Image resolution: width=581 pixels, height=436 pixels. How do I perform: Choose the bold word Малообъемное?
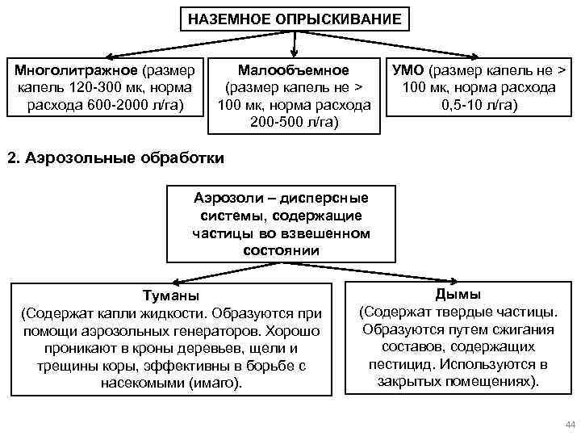[294, 71]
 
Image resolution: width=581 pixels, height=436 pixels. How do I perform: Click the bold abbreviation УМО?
[409, 71]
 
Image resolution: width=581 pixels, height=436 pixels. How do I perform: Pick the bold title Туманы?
[170, 296]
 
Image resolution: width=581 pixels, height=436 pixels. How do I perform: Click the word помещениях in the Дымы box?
[491, 381]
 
